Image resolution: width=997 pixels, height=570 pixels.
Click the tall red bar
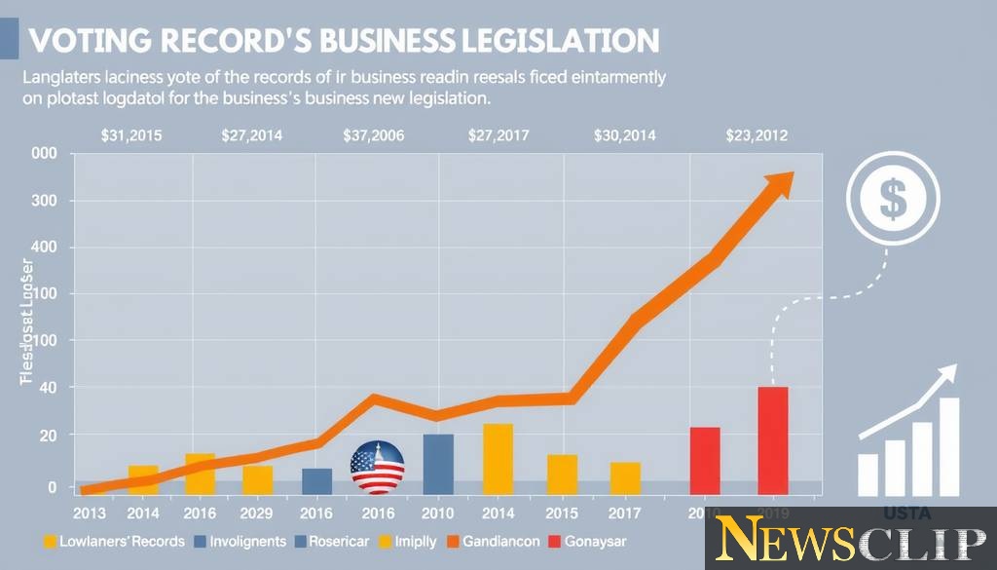point(773,440)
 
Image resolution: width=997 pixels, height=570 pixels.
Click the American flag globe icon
point(377,467)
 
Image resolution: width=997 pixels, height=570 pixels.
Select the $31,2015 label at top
point(132,136)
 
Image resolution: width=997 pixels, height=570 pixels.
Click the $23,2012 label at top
point(757,136)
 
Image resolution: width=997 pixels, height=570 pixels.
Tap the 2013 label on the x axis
point(90,513)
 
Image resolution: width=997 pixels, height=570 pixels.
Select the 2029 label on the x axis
point(258,513)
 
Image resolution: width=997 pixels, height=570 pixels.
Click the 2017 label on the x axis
point(625,513)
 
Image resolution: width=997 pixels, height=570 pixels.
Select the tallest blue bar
point(438,463)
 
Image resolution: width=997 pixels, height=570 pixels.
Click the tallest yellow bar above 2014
point(498,458)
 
